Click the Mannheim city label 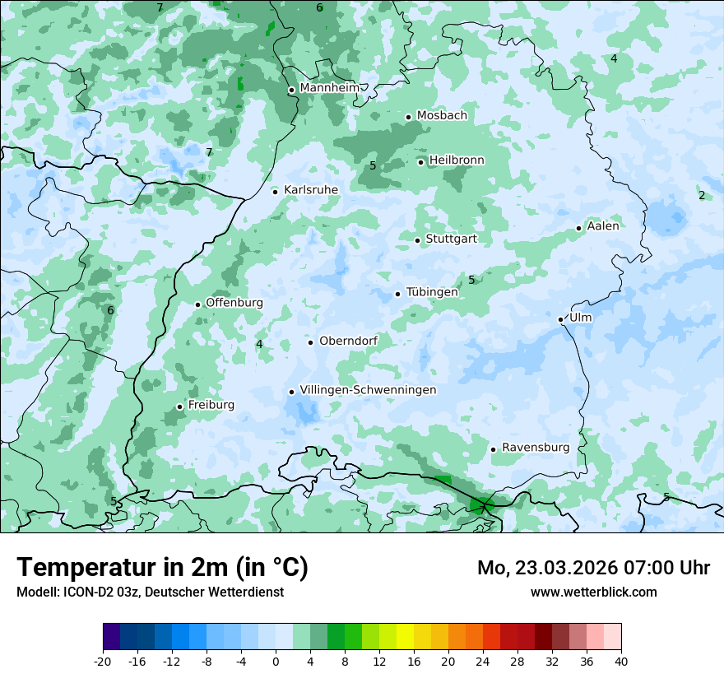(x=329, y=88)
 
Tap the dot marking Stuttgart (x=418, y=240)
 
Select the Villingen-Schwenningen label (x=368, y=390)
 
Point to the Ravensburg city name (x=536, y=448)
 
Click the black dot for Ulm (x=561, y=319)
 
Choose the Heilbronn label (x=457, y=160)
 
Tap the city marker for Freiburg (x=179, y=407)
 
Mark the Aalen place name (x=603, y=226)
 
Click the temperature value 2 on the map (x=702, y=196)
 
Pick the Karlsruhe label (x=311, y=190)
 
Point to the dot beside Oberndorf (x=310, y=342)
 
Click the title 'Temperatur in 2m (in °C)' (x=163, y=568)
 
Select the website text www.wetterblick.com (x=593, y=592)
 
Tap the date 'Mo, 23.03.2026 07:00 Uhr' (x=593, y=568)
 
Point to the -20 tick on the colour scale (x=103, y=662)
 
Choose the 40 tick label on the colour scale (x=620, y=662)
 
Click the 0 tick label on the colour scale (x=276, y=662)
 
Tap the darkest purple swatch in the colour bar (x=112, y=637)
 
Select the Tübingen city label (x=432, y=292)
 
